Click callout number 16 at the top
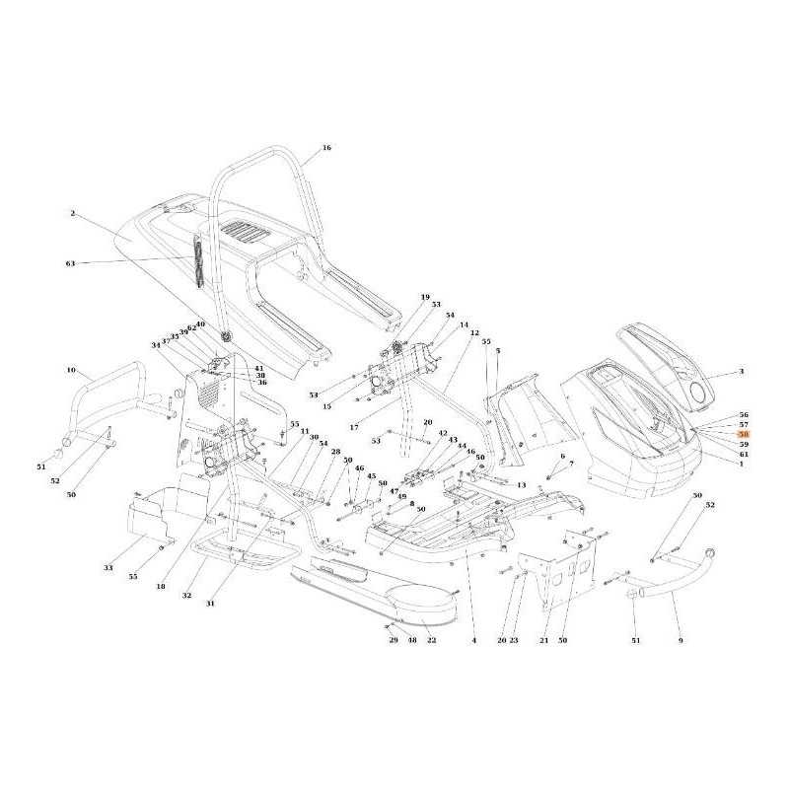tap(326, 148)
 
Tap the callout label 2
tap(72, 213)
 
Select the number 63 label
tap(70, 263)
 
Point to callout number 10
tap(71, 370)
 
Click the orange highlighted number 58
tap(744, 434)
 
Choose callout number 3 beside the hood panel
tap(742, 373)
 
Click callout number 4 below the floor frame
tap(473, 641)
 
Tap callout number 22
tap(431, 641)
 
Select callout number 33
tap(108, 569)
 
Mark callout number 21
tap(543, 641)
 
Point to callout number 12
tap(474, 333)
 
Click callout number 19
tap(425, 297)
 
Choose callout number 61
tap(744, 454)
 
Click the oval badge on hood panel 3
tap(699, 392)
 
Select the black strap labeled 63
tap(195, 262)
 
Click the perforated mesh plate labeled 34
tap(206, 392)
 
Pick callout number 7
tap(571, 463)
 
